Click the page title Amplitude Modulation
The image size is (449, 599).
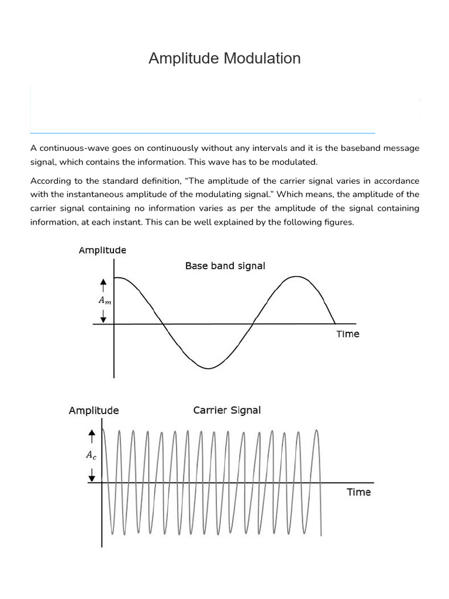point(224,58)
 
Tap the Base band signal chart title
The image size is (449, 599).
point(225,266)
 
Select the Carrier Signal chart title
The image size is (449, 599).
point(227,410)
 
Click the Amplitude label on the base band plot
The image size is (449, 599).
point(102,250)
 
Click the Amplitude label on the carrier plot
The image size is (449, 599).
point(94,411)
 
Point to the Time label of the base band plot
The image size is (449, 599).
point(348,334)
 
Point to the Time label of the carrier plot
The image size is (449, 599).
point(358,492)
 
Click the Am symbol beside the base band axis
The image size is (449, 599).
point(103,300)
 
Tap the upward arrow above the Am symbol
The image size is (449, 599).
point(103,285)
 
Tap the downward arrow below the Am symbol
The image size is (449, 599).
point(103,316)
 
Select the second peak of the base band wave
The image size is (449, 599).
point(298,277)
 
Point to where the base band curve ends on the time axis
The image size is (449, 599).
point(335,323)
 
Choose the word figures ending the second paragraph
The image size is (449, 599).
point(338,222)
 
